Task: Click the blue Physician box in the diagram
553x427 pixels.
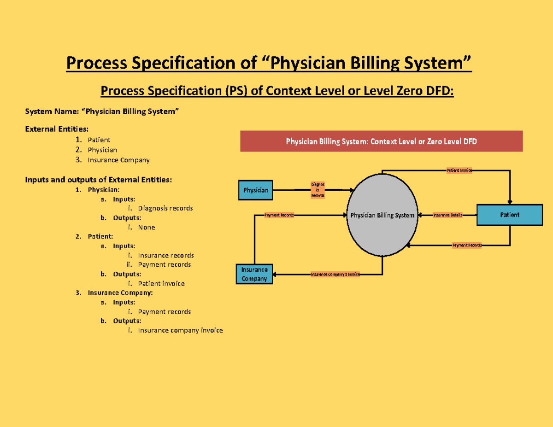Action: pos(256,190)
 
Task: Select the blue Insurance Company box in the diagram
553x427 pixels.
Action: pos(254,274)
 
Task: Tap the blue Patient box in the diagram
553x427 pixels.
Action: pos(509,215)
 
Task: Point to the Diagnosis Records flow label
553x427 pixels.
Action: pos(318,190)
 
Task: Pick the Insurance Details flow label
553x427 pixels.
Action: pos(447,215)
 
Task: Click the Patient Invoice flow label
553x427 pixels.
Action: pos(459,170)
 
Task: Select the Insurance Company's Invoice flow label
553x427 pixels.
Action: pos(335,275)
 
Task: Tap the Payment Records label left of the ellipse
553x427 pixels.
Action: pos(279,215)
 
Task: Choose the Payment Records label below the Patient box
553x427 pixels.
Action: pos(467,246)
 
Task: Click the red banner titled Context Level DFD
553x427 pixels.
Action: pos(381,141)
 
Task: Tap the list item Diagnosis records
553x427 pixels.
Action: pos(165,208)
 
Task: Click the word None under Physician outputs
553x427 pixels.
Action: pos(147,227)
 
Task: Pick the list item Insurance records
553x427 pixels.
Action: pos(166,255)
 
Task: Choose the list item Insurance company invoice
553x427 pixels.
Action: pos(180,330)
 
